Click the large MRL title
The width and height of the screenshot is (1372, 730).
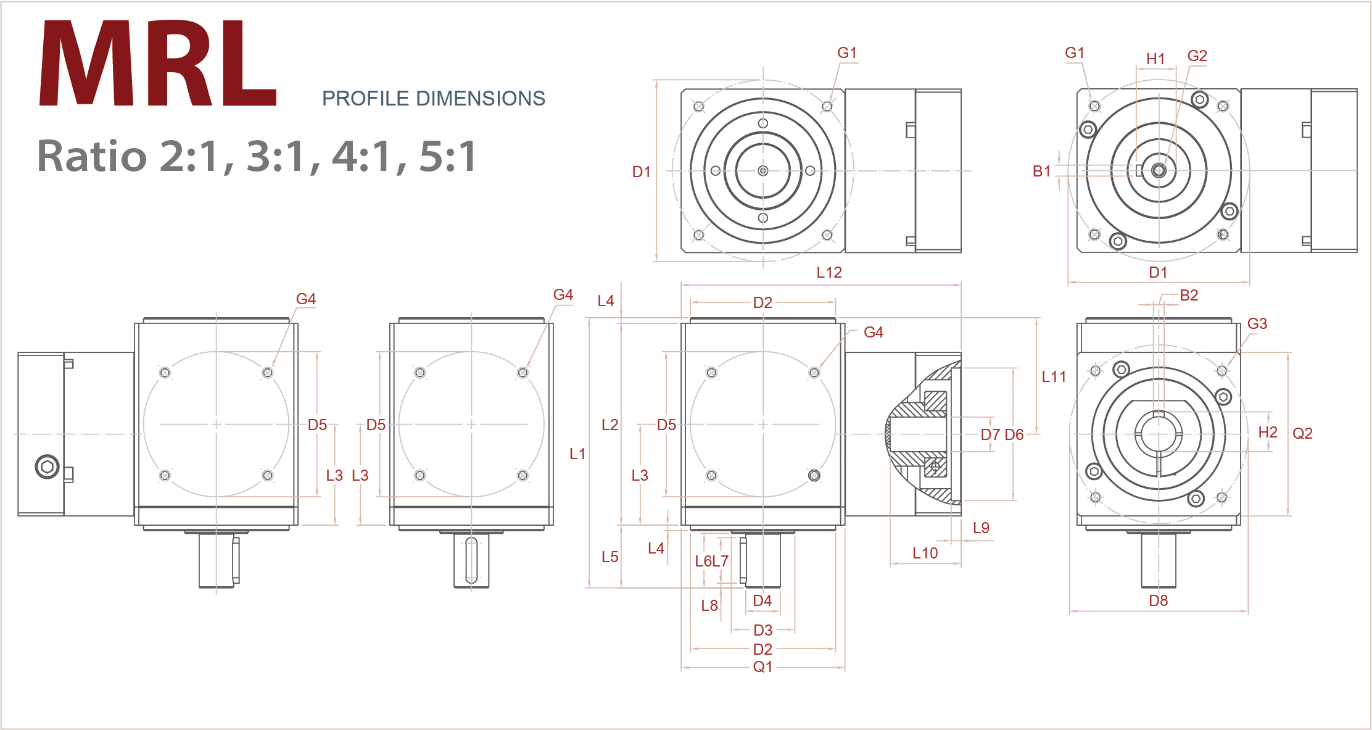point(157,65)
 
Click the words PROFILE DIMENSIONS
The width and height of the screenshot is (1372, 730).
point(433,99)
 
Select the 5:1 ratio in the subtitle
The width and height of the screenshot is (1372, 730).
point(447,156)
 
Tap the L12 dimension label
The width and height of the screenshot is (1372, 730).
point(829,272)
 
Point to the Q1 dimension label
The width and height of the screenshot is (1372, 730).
point(762,666)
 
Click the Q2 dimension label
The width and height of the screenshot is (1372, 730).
point(1302,433)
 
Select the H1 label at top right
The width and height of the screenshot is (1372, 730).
point(1155,59)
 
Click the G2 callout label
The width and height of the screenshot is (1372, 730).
point(1197,56)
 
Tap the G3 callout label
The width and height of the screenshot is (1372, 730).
point(1257,323)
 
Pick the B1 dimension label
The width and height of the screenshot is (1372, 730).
point(1041,172)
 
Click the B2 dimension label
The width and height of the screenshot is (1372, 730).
point(1189,295)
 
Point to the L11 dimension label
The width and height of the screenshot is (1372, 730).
point(1054,376)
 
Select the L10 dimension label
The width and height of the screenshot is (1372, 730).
point(925,553)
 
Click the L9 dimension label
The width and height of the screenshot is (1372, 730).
point(981,528)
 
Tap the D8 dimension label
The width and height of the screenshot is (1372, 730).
point(1158,600)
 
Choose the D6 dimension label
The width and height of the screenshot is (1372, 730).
point(1014,434)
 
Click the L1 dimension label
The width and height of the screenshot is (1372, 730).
point(577,454)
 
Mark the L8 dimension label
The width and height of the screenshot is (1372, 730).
point(709,605)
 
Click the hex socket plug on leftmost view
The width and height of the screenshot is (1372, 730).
point(48,467)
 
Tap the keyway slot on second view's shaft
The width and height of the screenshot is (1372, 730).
point(471,560)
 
